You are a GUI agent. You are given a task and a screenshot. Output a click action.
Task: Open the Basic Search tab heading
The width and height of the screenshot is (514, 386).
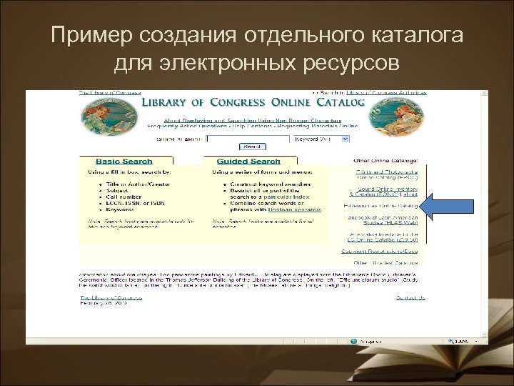click(119, 162)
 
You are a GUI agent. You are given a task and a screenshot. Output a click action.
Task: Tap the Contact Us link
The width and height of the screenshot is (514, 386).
click(410, 297)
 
